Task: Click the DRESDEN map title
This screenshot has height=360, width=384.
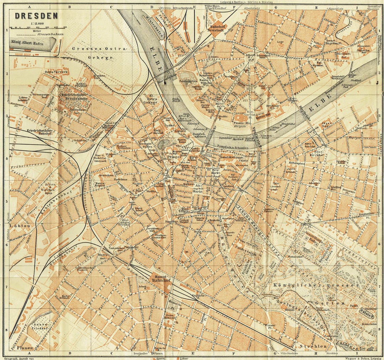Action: (x=36, y=16)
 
